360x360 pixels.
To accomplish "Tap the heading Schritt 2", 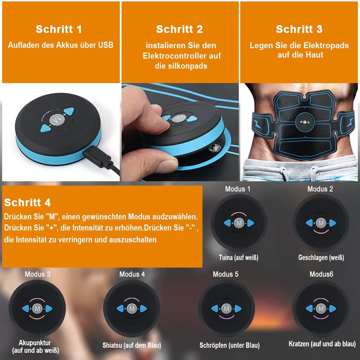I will pyautogui.click(x=179, y=30).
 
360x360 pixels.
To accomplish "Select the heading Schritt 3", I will pyautogui.click(x=299, y=29).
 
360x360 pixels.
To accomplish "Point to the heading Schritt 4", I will pyautogui.click(x=27, y=202).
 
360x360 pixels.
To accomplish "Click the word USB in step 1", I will pyautogui.click(x=105, y=45).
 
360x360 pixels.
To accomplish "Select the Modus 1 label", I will pyautogui.click(x=238, y=189).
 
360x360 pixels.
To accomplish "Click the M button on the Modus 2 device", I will pyautogui.click(x=321, y=223).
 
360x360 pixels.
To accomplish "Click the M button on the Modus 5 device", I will pyautogui.click(x=226, y=309).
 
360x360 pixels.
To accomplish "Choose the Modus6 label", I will pyautogui.click(x=321, y=274).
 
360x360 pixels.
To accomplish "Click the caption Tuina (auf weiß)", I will pyautogui.click(x=238, y=257).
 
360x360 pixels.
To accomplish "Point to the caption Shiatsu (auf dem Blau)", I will pyautogui.click(x=132, y=345).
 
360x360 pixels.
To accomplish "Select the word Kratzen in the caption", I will pyautogui.click(x=299, y=344).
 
